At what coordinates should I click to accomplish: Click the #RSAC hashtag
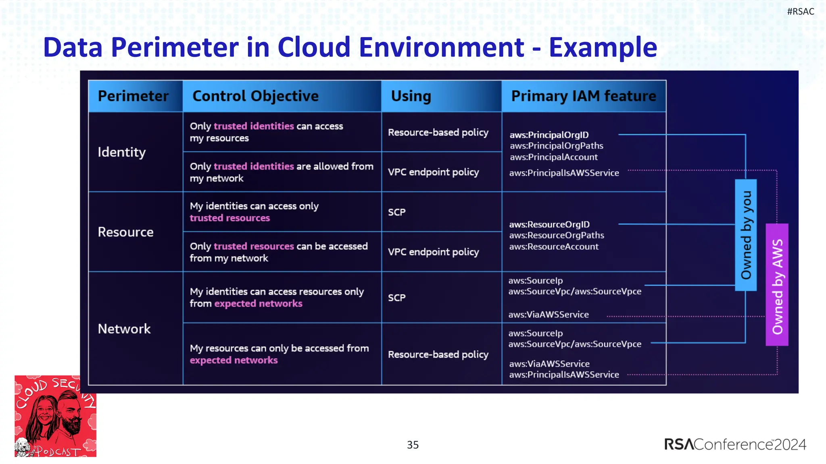coord(800,12)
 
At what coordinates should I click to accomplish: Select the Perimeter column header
coord(133,96)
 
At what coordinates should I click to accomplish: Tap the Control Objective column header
coord(255,96)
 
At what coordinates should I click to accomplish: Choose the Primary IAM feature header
coord(583,96)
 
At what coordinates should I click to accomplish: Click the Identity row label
coord(121,152)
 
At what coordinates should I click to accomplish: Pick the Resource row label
coord(125,232)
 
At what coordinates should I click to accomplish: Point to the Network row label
coord(124,329)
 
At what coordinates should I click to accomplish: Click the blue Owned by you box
coord(746,235)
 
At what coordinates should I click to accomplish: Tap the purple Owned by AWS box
coord(777,285)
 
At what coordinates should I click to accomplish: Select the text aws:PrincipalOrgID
coord(549,135)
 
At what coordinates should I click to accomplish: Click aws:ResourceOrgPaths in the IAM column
coord(556,235)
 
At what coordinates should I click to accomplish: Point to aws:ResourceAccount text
coord(553,246)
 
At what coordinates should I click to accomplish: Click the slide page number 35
coord(413,445)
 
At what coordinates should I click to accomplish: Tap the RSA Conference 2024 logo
coord(734,444)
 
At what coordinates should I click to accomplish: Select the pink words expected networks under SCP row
coord(258,304)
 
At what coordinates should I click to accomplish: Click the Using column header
coord(411,96)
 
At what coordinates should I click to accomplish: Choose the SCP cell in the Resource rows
coord(396,212)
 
